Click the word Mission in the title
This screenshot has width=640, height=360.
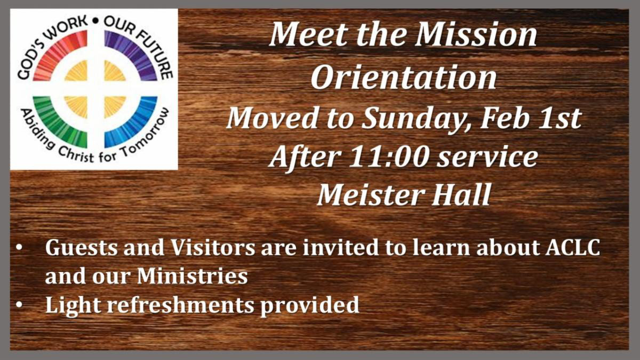tap(476, 35)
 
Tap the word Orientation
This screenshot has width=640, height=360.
tap(404, 78)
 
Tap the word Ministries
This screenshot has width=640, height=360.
tap(192, 276)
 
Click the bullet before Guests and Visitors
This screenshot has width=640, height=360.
tap(20, 249)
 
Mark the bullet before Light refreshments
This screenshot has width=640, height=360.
tap(20, 305)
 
